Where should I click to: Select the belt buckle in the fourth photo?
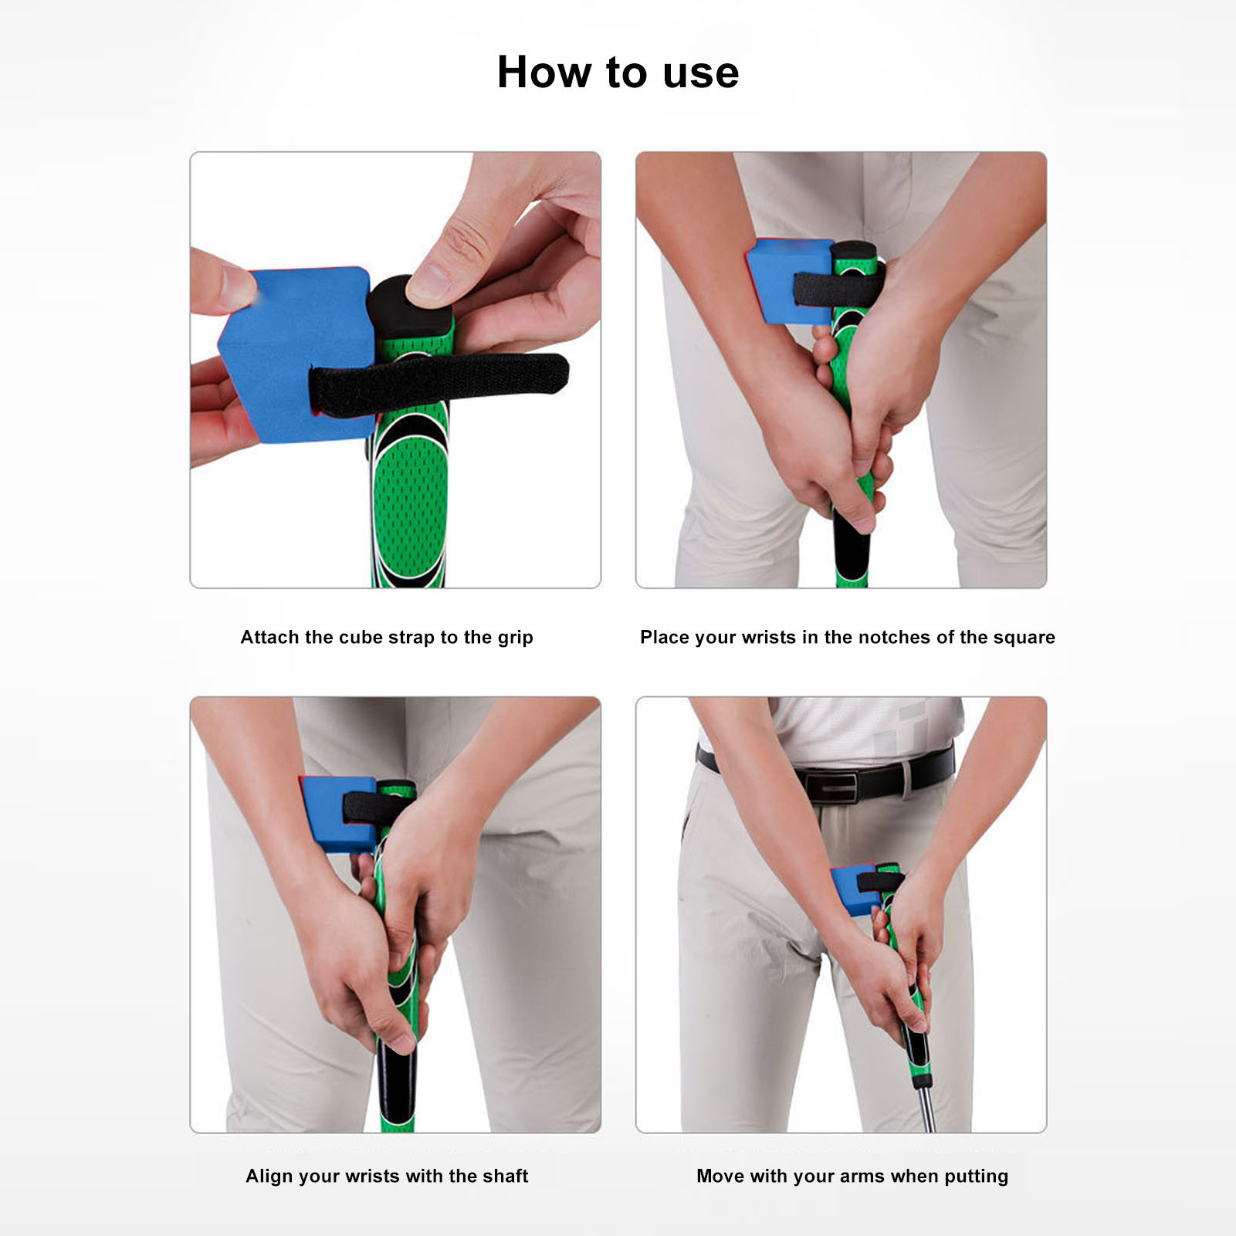tap(831, 785)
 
